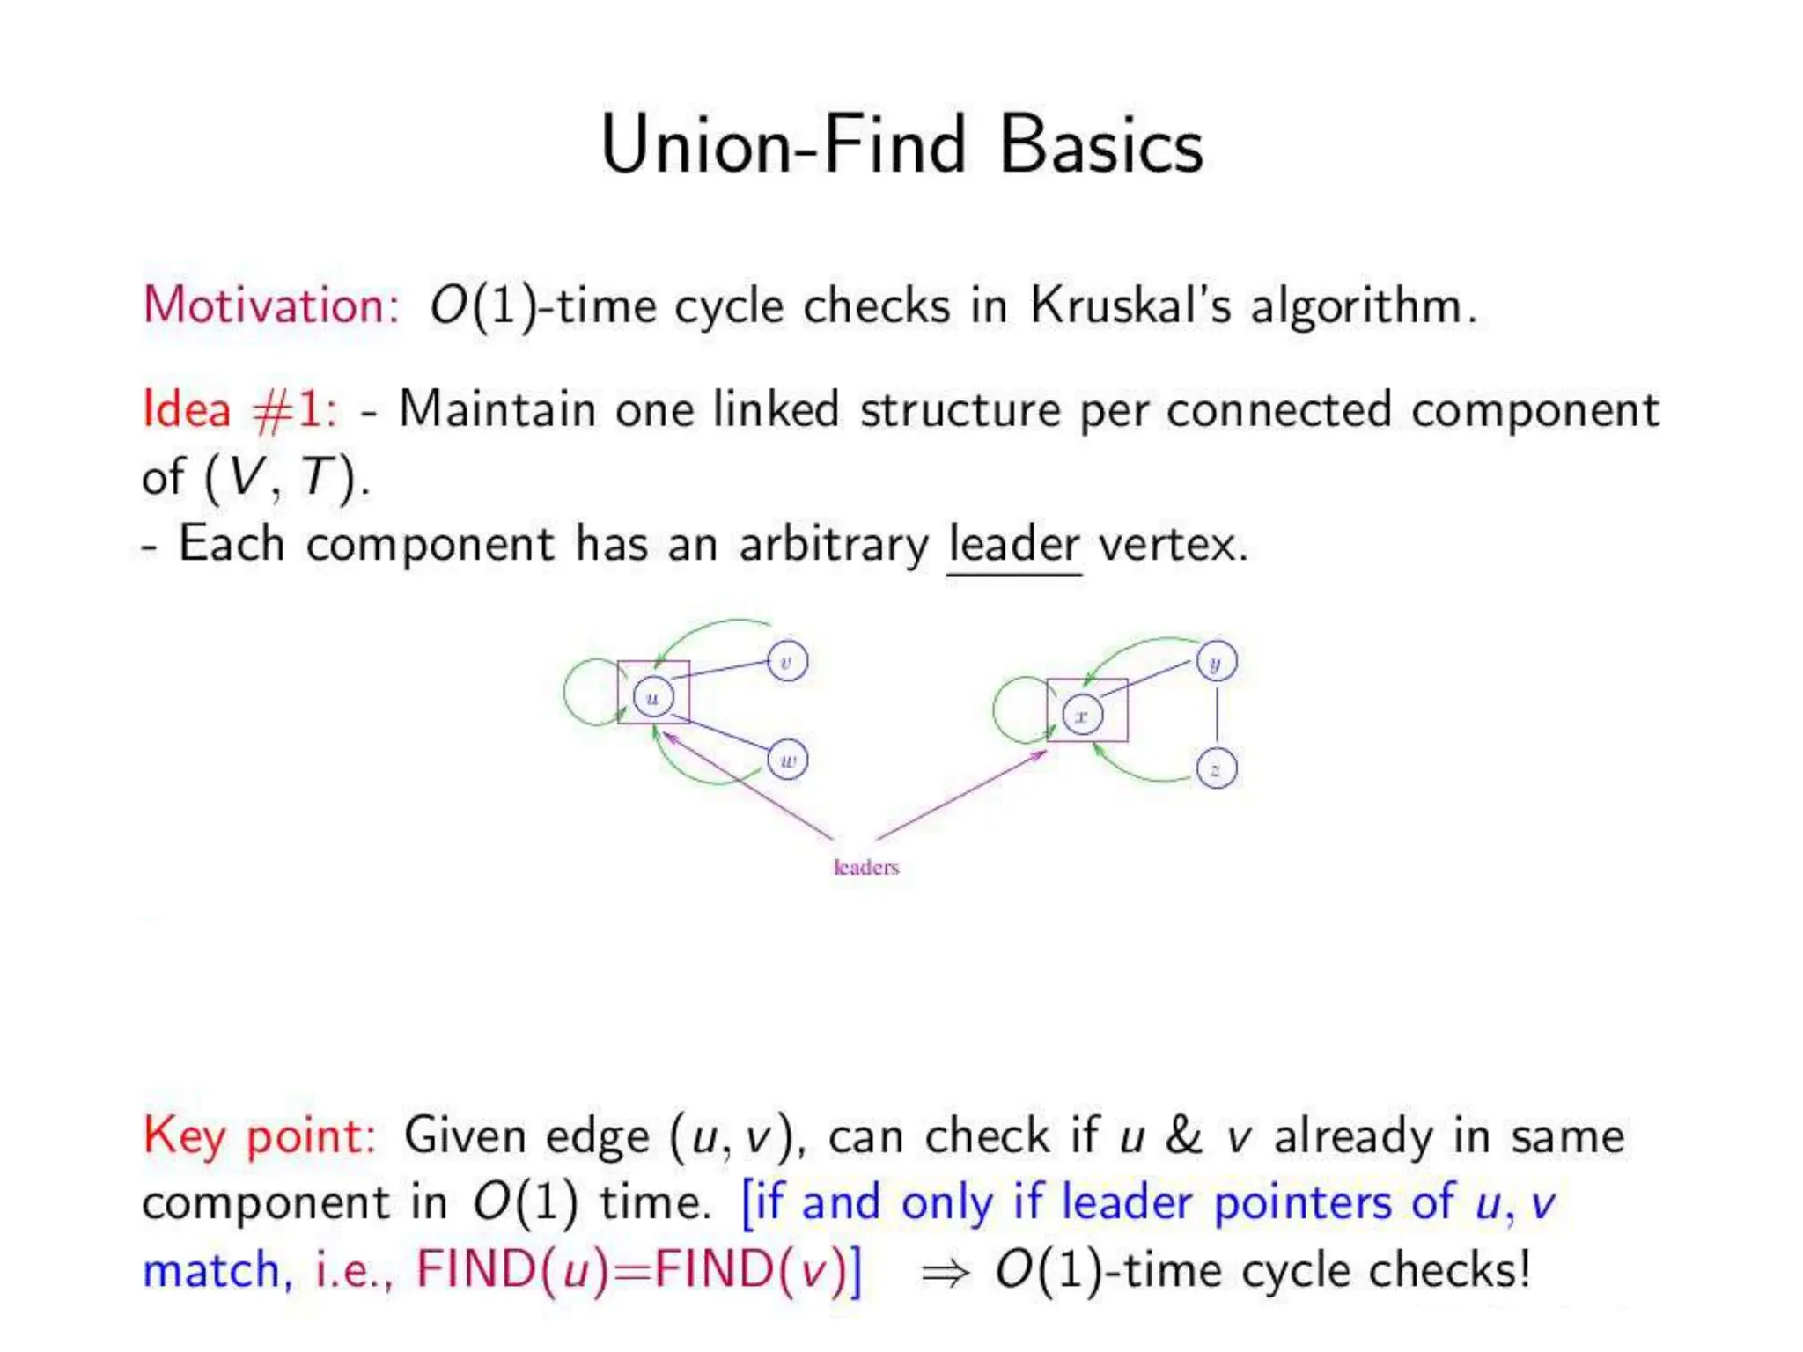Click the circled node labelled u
coord(652,698)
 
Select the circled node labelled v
coord(787,661)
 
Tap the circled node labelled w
coord(787,760)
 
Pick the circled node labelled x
coord(1082,715)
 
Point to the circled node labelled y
coord(1217,662)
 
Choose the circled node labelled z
coord(1217,769)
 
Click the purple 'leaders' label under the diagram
coord(866,868)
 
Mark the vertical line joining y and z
coord(1217,715)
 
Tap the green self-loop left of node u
coord(572,692)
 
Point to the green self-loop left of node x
coord(1000,709)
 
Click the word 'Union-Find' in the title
coord(784,145)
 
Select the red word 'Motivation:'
coord(271,305)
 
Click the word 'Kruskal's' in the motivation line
coord(1130,305)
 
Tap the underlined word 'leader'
coord(1013,544)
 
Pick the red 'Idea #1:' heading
coord(239,409)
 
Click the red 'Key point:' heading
coord(260,1135)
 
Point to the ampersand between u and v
coord(1183,1135)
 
